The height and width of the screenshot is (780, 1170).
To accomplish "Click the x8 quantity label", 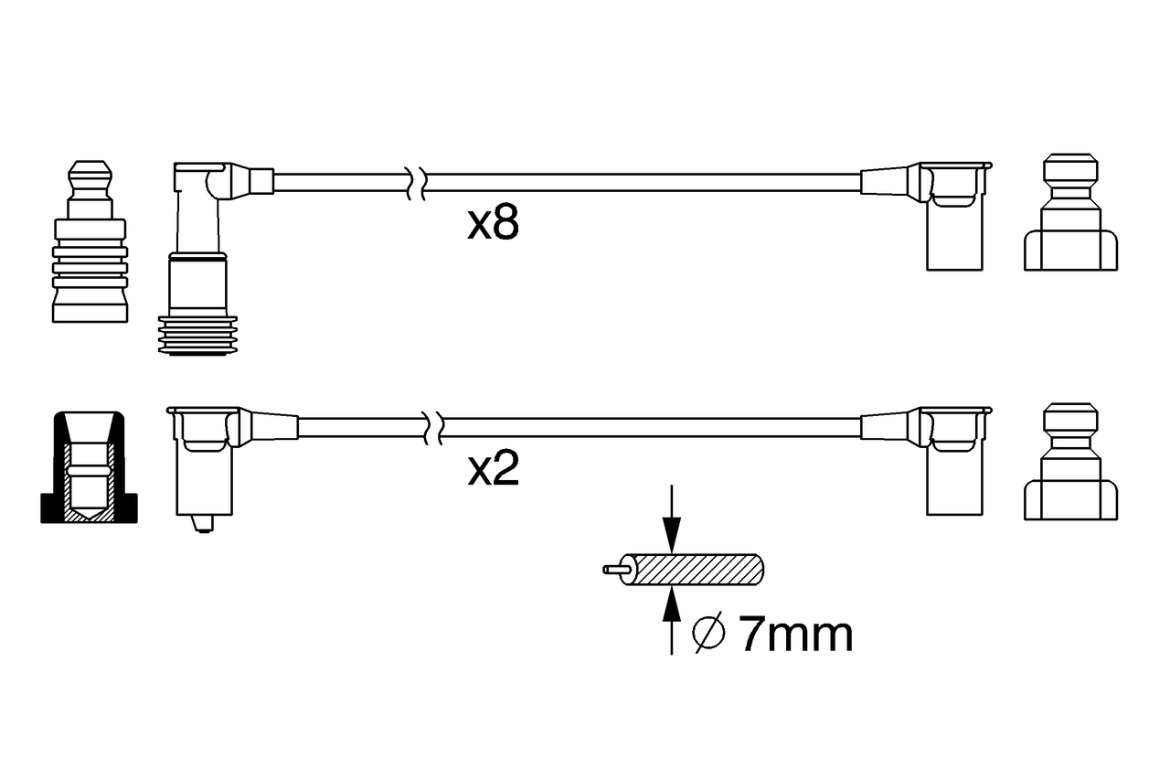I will click(493, 224).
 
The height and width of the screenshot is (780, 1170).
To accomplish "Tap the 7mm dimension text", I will click(794, 635).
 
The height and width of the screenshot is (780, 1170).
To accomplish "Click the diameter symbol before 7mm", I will click(709, 635).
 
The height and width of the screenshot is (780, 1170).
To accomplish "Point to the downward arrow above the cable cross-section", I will click(672, 526).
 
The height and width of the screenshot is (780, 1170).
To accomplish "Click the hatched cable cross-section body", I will click(700, 569).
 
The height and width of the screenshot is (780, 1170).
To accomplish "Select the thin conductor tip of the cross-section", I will click(613, 569).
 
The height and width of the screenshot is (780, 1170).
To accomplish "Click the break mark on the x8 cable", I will click(414, 181).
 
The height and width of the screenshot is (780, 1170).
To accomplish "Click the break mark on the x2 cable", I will click(433, 426).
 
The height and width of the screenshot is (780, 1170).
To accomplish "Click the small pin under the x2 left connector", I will click(203, 523).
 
